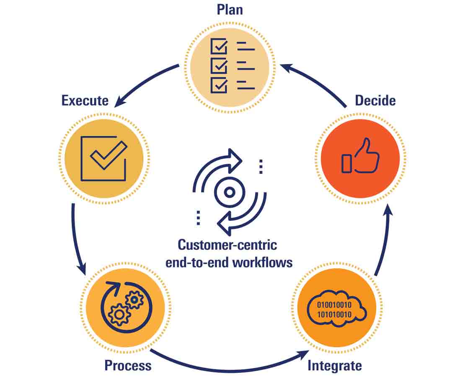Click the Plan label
pyautogui.click(x=230, y=10)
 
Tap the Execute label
pyautogui.click(x=85, y=101)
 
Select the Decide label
pyautogui.click(x=375, y=101)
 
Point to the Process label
pyautogui.click(x=128, y=365)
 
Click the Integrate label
pyautogui.click(x=334, y=365)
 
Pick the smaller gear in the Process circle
pyautogui.click(x=134, y=300)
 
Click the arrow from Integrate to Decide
pyautogui.click(x=385, y=239)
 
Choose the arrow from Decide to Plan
pyautogui.click(x=314, y=82)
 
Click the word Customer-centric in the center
pyautogui.click(x=227, y=245)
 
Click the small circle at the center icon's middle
pyautogui.click(x=229, y=192)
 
